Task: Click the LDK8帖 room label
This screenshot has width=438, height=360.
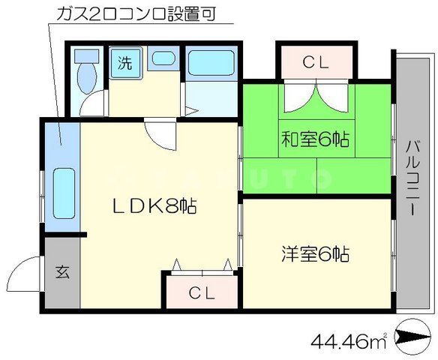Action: coord(155,205)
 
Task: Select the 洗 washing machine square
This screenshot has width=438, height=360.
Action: coord(123,63)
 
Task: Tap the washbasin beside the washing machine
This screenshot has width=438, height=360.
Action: coord(162,60)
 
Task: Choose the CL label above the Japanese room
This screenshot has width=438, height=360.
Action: coord(316,63)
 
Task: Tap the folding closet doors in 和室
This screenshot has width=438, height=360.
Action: coord(316,100)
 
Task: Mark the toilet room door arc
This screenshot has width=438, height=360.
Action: coord(94,104)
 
